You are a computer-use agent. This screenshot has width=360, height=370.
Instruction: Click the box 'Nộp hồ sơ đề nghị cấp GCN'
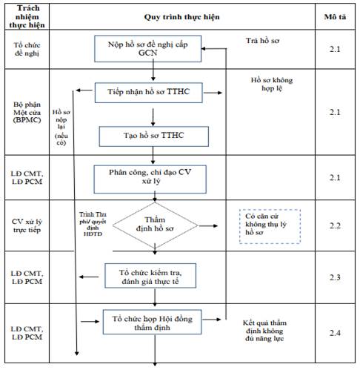[147, 49]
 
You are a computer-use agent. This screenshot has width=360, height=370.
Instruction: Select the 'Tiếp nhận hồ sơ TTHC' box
[149, 93]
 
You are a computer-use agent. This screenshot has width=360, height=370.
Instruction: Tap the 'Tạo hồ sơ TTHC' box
[154, 136]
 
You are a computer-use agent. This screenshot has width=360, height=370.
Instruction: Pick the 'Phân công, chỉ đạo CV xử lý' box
[150, 179]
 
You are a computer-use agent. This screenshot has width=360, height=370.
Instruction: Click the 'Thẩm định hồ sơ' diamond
[155, 225]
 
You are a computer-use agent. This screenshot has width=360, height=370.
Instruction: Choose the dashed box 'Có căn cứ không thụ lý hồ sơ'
[270, 226]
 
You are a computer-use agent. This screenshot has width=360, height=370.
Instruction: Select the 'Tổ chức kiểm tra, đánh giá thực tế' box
[150, 276]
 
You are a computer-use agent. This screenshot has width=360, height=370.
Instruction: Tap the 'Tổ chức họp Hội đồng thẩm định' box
[152, 322]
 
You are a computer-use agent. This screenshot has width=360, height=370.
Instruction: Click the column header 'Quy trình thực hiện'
[181, 17]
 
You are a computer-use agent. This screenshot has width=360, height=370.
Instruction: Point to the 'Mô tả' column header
[335, 17]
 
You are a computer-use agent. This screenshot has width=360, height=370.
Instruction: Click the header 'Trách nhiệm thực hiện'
[27, 16]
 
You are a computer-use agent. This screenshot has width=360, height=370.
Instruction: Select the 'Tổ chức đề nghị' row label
[27, 49]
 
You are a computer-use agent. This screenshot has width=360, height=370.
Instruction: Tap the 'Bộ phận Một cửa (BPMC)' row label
[27, 112]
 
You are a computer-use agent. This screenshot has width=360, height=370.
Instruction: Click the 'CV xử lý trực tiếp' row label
[27, 225]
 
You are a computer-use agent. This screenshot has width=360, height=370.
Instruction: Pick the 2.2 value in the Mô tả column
[335, 225]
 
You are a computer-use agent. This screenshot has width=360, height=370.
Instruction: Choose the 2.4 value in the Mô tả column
[335, 333]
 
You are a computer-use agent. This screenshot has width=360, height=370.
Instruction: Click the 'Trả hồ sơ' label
[262, 41]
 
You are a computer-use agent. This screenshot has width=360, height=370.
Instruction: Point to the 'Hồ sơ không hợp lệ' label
[272, 84]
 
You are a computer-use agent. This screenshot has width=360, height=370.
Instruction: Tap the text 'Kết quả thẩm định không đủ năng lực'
[264, 331]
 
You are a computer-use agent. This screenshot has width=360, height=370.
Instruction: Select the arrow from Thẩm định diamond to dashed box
[208, 225]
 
